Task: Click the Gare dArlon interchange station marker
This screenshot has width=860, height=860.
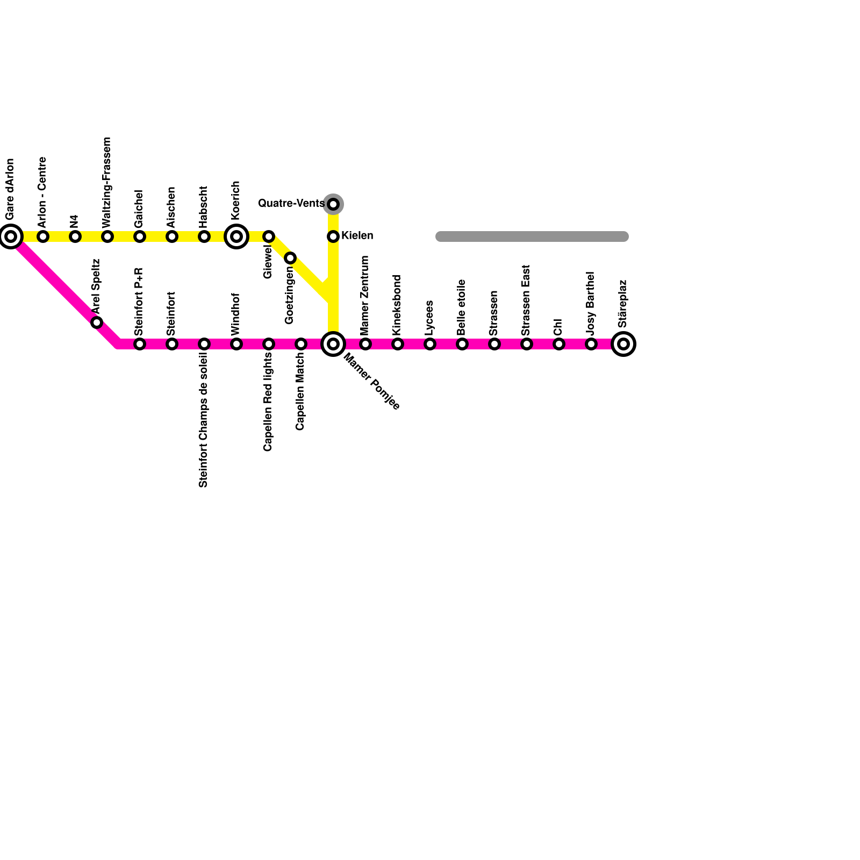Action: [11, 236]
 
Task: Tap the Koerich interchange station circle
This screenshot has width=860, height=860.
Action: [236, 236]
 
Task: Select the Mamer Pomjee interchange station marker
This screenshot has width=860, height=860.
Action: [333, 344]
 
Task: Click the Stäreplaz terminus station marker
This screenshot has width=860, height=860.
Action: [623, 344]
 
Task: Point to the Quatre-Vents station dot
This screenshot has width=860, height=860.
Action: [333, 204]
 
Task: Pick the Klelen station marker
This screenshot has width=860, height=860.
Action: [333, 236]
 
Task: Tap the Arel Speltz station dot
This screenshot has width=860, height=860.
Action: [97, 322]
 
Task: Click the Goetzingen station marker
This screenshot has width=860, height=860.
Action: [290, 258]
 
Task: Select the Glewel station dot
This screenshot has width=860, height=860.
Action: [269, 236]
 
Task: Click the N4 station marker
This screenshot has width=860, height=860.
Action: [75, 236]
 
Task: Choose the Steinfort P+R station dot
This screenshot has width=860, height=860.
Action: [140, 344]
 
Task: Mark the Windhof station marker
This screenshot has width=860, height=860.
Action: [236, 344]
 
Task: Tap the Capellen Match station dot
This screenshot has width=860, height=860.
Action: [301, 344]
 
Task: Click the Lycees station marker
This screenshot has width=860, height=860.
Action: [430, 344]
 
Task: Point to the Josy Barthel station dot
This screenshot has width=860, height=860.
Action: [591, 344]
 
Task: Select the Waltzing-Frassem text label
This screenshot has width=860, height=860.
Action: [107, 182]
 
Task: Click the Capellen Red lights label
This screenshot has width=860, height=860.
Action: [268, 402]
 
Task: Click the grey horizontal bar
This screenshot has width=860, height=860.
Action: [532, 236]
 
